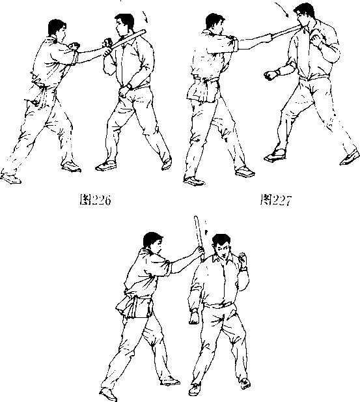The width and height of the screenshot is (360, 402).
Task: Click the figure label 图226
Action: (x=95, y=200)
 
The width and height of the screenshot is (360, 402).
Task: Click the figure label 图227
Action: (x=276, y=200)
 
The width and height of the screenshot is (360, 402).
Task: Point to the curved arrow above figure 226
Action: (x=145, y=17)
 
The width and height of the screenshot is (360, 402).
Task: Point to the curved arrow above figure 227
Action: (x=282, y=10)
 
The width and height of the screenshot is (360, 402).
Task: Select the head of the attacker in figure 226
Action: (x=57, y=29)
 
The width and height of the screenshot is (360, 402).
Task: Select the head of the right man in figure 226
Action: (x=124, y=25)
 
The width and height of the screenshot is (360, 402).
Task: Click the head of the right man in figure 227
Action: (x=304, y=15)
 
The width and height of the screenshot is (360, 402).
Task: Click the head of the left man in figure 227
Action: (x=215, y=23)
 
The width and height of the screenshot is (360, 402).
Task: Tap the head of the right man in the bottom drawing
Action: (x=221, y=246)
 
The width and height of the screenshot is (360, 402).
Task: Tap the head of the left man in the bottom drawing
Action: (x=152, y=242)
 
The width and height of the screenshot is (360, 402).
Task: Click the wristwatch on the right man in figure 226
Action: (x=130, y=86)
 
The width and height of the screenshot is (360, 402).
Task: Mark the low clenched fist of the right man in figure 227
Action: (x=271, y=75)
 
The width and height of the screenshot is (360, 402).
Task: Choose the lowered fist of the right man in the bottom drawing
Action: (x=194, y=317)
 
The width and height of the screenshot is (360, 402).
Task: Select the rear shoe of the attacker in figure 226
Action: (x=11, y=178)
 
